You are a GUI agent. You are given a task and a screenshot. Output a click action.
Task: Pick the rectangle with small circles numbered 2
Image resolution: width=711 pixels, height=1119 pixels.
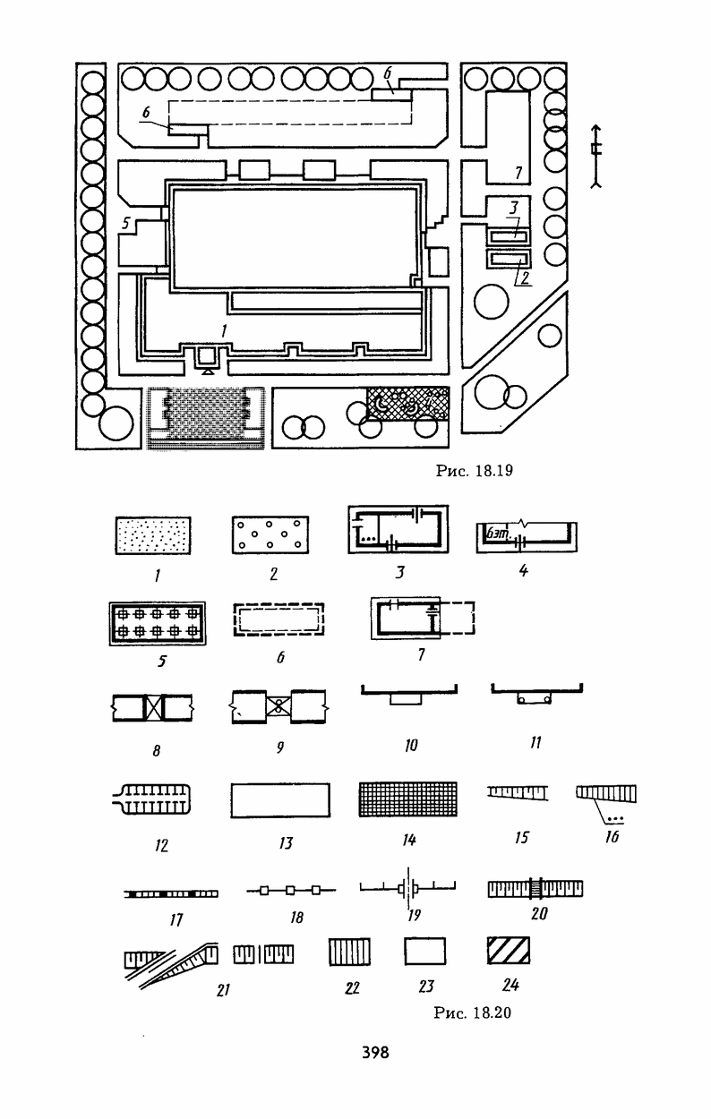(x=271, y=536)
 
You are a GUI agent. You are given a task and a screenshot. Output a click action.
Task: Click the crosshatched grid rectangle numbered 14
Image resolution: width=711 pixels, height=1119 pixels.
(x=407, y=799)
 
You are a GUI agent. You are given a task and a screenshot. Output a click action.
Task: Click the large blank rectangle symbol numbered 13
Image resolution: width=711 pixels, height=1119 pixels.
(x=281, y=799)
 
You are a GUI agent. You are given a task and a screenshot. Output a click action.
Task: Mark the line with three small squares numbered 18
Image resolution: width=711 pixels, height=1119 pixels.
(x=290, y=891)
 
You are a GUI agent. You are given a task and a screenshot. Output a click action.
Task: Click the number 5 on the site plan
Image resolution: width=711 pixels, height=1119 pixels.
(x=126, y=224)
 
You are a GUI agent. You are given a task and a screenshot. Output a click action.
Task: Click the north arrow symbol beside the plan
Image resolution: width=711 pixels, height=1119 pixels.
(x=596, y=164)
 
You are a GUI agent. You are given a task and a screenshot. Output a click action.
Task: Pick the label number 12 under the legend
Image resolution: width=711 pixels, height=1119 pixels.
(x=161, y=844)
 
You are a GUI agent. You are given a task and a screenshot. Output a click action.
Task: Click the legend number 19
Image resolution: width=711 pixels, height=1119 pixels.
(x=412, y=915)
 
